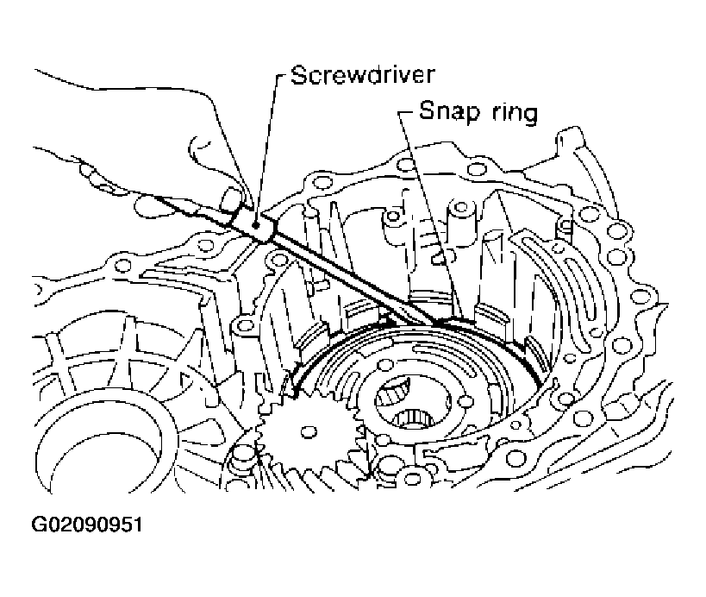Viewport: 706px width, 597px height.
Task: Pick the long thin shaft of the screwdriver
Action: click(x=345, y=272)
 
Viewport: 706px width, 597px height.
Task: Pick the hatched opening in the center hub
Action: click(x=398, y=393)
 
